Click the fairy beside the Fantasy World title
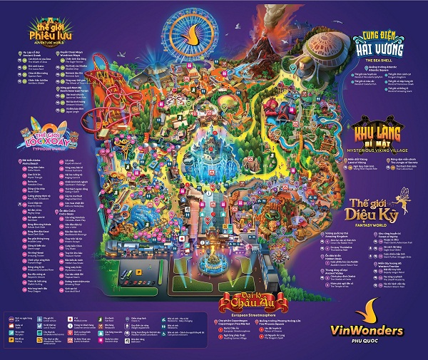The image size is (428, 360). point(410,199)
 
